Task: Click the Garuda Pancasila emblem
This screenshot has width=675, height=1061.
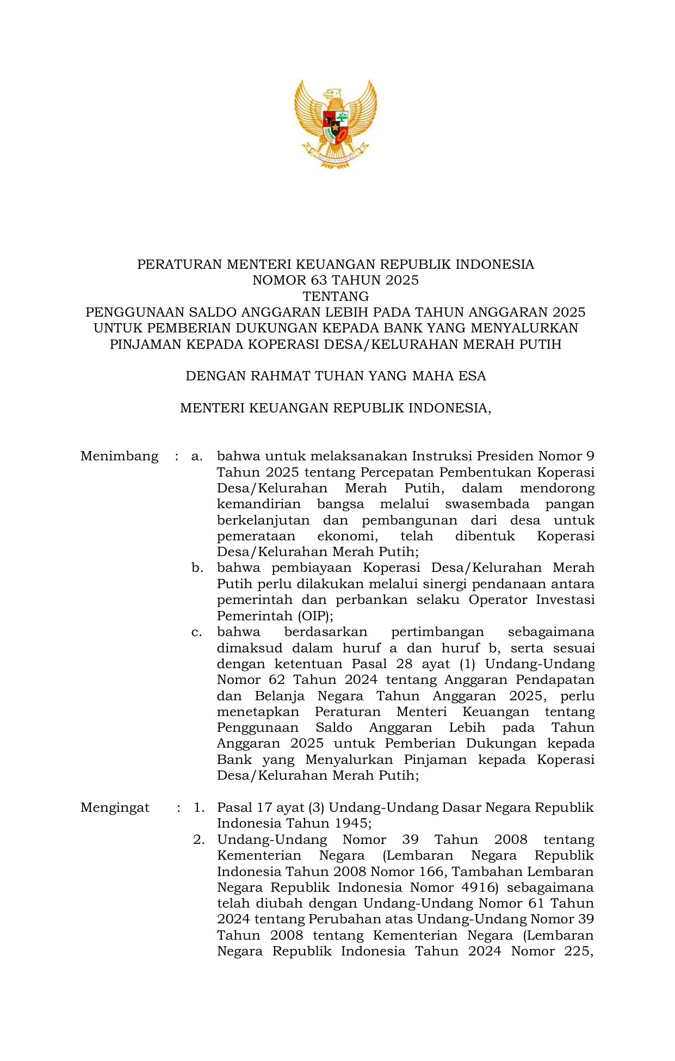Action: click(x=336, y=124)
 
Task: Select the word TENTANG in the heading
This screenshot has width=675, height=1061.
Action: click(x=336, y=297)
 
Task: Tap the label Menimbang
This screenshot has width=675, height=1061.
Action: click(x=119, y=456)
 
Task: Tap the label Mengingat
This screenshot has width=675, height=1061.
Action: click(x=115, y=807)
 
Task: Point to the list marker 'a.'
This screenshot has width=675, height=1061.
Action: click(x=197, y=456)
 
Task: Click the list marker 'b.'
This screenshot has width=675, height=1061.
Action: click(x=197, y=568)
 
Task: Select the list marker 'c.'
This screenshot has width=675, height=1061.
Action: click(x=197, y=632)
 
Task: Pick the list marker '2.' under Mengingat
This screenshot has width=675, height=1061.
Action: click(x=199, y=840)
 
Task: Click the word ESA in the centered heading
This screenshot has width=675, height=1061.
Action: click(x=472, y=376)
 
